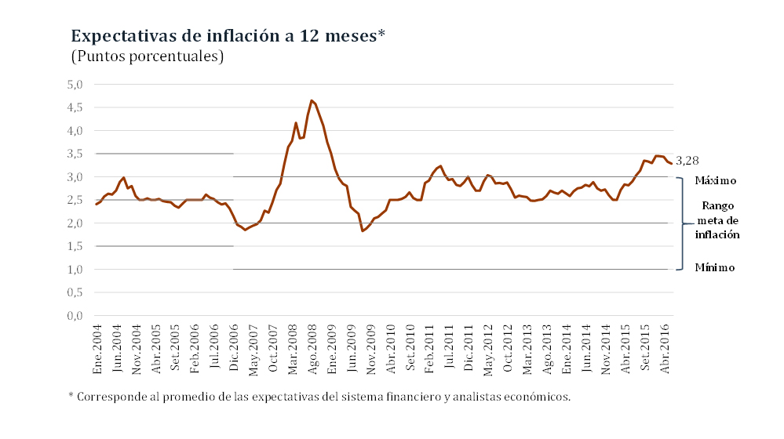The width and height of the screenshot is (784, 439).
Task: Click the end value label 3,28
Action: point(687,161)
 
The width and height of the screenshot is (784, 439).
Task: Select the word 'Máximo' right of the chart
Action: point(715,180)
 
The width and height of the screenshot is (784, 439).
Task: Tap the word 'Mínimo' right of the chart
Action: point(715,268)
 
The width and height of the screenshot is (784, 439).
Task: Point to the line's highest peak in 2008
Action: point(312,100)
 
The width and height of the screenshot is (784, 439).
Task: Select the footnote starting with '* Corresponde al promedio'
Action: point(320,397)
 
